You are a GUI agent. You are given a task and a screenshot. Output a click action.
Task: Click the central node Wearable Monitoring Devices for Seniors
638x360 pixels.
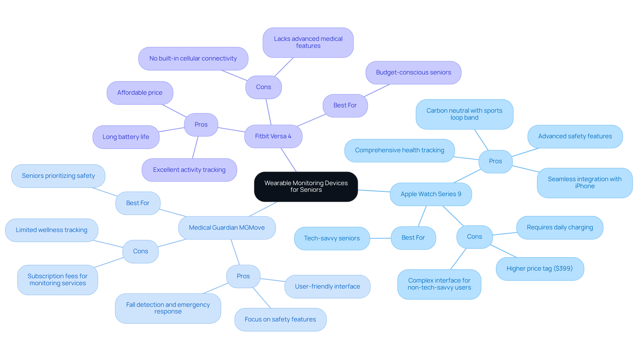306,186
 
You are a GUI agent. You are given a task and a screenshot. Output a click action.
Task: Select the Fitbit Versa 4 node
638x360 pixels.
273,136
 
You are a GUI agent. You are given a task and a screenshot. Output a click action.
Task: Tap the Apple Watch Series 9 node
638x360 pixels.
431,194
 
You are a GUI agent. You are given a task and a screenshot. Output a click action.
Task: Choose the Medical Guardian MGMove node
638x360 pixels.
227,228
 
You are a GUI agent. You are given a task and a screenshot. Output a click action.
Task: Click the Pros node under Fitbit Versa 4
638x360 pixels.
201,125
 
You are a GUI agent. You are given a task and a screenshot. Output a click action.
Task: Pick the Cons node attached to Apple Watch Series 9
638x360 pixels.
474,237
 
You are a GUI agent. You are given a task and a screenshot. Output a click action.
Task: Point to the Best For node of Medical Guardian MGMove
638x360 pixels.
138,203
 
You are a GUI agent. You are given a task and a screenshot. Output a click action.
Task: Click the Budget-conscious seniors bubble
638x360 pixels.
413,72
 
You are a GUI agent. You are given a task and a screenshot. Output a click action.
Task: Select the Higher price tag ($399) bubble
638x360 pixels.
540,269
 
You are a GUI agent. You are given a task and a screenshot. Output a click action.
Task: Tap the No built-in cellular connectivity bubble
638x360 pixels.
193,59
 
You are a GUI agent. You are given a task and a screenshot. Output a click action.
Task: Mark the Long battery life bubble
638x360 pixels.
126,137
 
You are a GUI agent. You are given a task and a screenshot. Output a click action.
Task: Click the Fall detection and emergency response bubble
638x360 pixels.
168,308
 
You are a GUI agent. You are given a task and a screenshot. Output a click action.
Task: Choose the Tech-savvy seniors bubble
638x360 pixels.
332,238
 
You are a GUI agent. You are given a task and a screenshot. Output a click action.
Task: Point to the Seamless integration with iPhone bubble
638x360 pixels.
585,183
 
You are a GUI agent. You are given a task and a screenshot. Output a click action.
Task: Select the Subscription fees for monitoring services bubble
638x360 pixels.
57,280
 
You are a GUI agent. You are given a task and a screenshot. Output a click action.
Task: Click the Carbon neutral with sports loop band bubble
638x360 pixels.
464,114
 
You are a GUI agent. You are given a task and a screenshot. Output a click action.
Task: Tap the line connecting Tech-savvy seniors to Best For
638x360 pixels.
380,238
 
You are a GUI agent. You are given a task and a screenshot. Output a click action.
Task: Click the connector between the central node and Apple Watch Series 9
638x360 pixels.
374,191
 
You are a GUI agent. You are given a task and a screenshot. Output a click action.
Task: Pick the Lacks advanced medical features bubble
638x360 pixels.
308,43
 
